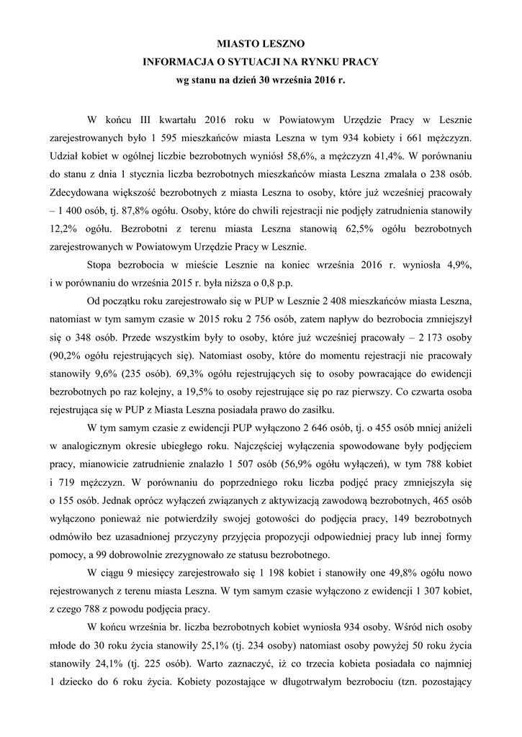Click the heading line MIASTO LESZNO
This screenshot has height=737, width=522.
(x=261, y=45)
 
